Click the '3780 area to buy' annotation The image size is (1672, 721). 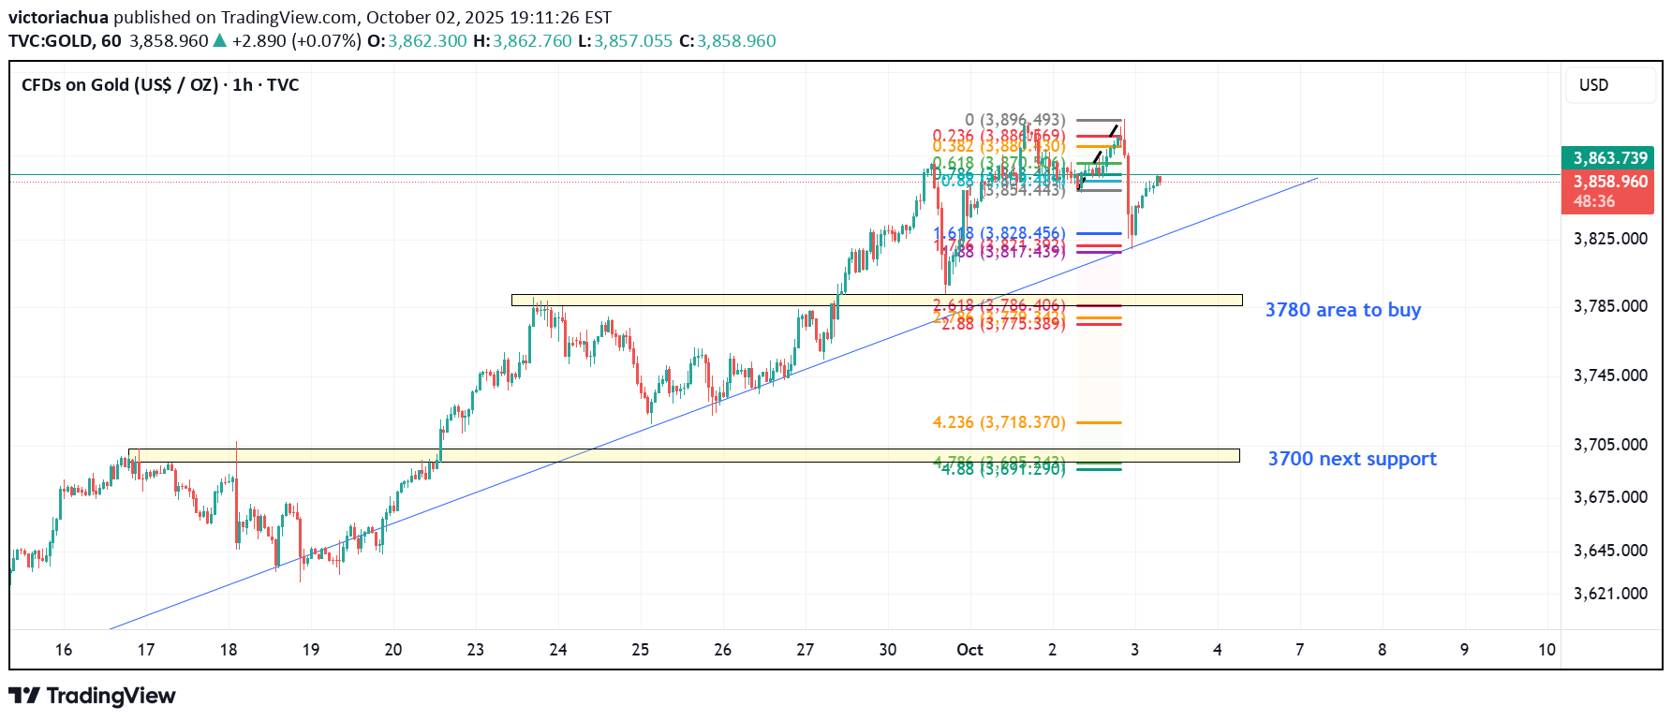click(x=1342, y=310)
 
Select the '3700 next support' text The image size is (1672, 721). click(x=1352, y=459)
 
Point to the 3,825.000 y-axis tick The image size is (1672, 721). click(x=1610, y=239)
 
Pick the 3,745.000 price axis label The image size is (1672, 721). click(x=1610, y=375)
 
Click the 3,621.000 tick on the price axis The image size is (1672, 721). click(x=1610, y=594)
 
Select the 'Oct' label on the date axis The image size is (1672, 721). click(x=969, y=650)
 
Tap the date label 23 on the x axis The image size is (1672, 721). click(x=476, y=650)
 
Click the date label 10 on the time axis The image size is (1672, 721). click(x=1546, y=650)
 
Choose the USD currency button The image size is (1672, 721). click(x=1593, y=85)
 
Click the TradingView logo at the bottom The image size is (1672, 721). click(x=92, y=696)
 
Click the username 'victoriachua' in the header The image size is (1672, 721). click(x=58, y=18)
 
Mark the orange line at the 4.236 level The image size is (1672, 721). click(x=1099, y=422)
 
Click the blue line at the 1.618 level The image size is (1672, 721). click(x=1099, y=233)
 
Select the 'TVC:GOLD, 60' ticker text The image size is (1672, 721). click(x=65, y=41)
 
